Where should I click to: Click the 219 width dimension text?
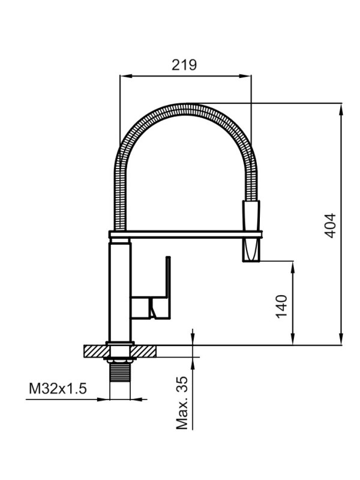(184, 65)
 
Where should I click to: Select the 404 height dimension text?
(331, 226)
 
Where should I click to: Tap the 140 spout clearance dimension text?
(283, 305)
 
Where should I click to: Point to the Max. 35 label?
(182, 404)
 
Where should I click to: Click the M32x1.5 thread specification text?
(58, 389)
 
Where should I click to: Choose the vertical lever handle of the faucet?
(167, 282)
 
